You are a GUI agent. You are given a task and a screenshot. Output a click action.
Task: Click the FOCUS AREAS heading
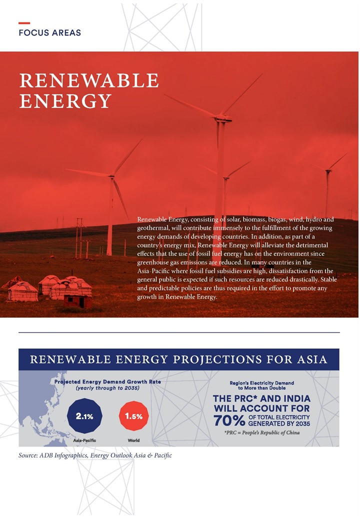pyautogui.click(x=49, y=33)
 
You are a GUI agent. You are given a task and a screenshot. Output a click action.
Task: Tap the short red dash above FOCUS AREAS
pyautogui.click(x=24, y=23)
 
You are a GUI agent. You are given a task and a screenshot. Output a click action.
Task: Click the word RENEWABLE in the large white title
pyautogui.click(x=89, y=80)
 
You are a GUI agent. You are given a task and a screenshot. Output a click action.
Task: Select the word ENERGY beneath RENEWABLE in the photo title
pyautogui.click(x=65, y=101)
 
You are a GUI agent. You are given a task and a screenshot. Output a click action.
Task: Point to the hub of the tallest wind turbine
pyautogui.click(x=219, y=118)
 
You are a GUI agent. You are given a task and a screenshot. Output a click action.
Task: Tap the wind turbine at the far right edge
pyautogui.click(x=328, y=185)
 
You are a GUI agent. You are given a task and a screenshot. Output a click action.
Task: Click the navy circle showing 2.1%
pyautogui.click(x=84, y=416)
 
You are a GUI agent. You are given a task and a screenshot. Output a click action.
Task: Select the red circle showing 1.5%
pyautogui.click(x=133, y=416)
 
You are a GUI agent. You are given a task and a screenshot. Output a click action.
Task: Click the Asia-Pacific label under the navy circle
pyautogui.click(x=84, y=440)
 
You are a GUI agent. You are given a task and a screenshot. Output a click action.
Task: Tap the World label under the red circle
pyautogui.click(x=133, y=440)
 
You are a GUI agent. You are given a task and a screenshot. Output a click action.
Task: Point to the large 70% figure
pyautogui.click(x=229, y=420)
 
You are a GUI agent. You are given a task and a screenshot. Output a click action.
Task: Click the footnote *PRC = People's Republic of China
pyautogui.click(x=262, y=432)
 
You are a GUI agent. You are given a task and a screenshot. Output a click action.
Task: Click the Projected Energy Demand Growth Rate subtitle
pyautogui.click(x=107, y=381)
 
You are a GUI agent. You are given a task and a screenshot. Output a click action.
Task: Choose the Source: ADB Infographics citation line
pyautogui.click(x=95, y=455)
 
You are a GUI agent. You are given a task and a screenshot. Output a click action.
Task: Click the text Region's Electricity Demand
pyautogui.click(x=262, y=382)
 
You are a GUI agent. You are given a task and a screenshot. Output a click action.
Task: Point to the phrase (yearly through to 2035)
pyautogui.click(x=107, y=388)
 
